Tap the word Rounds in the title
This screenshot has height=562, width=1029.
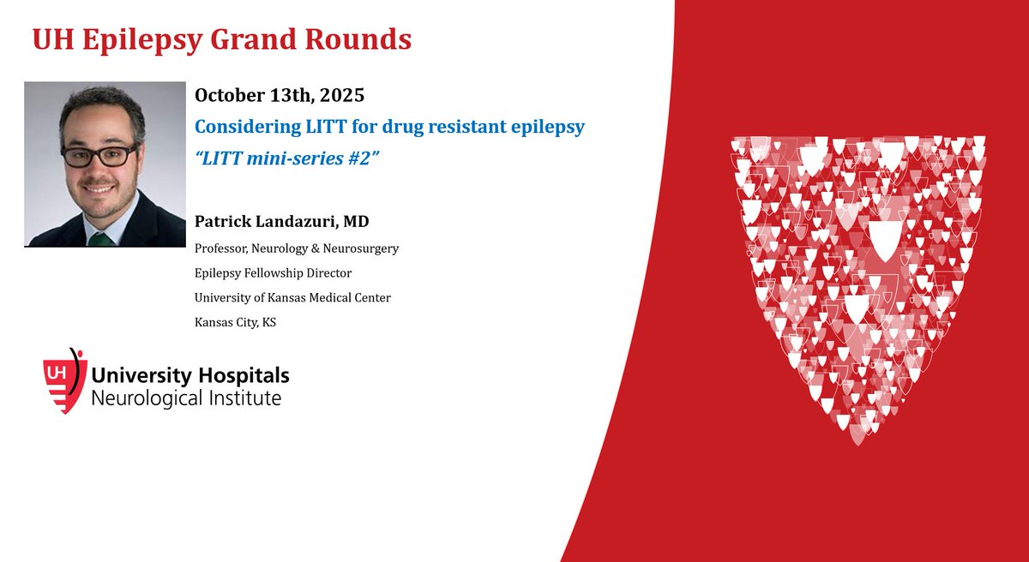pos(364,39)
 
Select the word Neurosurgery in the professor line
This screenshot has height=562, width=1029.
pos(361,248)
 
